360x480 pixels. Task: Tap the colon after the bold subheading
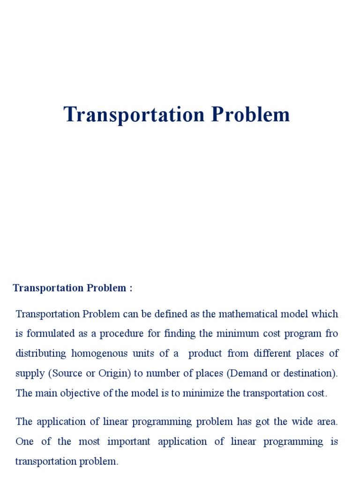pyautogui.click(x=130, y=288)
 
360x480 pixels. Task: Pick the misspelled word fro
pyautogui.click(x=331, y=333)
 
